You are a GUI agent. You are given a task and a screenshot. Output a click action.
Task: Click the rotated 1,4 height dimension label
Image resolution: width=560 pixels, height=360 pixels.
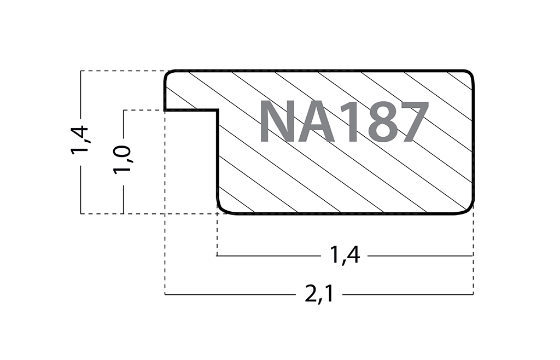tap(80, 141)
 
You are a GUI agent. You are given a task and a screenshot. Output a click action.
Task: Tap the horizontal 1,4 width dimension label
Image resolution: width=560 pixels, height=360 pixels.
tap(345, 256)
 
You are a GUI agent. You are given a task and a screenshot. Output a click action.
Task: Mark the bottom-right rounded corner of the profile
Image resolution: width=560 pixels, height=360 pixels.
tap(470, 210)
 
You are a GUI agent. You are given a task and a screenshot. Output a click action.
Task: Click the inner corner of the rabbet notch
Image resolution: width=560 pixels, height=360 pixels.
tap(218, 111)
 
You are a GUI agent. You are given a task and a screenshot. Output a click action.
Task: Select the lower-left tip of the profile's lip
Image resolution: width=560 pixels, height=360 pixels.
tap(165, 110)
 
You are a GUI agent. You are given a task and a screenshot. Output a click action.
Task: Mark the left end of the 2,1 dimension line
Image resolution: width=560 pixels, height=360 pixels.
tap(165, 295)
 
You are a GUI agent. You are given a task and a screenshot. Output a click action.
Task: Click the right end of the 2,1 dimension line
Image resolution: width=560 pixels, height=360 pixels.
tap(473, 295)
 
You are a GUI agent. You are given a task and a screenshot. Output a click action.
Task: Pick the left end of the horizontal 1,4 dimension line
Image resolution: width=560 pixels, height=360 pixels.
tap(218, 256)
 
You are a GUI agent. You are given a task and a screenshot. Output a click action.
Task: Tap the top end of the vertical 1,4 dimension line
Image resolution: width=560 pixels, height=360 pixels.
tap(80, 71)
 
